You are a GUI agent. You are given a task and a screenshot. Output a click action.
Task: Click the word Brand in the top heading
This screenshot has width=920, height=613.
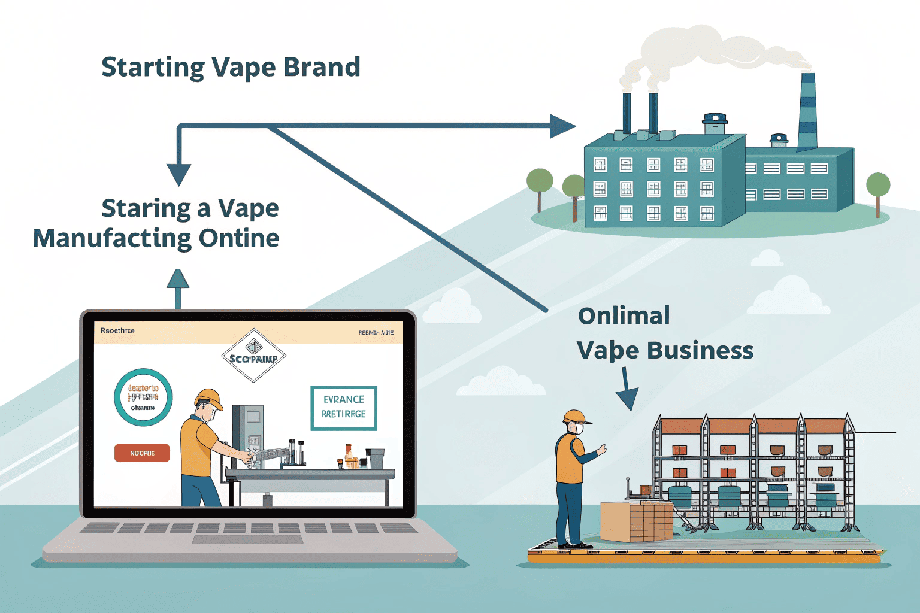tap(322, 67)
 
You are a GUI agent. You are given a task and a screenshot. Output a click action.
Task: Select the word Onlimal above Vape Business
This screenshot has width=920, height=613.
tap(624, 316)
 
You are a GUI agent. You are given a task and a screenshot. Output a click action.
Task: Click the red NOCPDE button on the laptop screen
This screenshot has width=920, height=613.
tap(142, 453)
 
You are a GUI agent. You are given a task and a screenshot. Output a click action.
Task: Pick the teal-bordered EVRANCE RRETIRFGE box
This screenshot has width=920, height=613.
tap(344, 408)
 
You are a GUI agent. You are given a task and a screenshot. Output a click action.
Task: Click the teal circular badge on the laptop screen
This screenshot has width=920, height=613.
tap(143, 397)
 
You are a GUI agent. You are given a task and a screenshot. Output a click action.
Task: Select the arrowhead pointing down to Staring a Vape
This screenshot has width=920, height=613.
tap(178, 174)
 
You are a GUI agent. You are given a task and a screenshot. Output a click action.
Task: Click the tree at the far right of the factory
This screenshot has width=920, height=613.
tap(878, 187)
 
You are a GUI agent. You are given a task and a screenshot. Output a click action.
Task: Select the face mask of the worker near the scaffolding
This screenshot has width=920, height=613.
tap(579, 429)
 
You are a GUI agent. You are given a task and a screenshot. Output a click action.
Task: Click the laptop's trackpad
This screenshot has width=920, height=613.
tap(247, 539)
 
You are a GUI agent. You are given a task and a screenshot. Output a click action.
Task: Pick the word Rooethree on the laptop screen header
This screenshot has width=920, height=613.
tap(117, 330)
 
